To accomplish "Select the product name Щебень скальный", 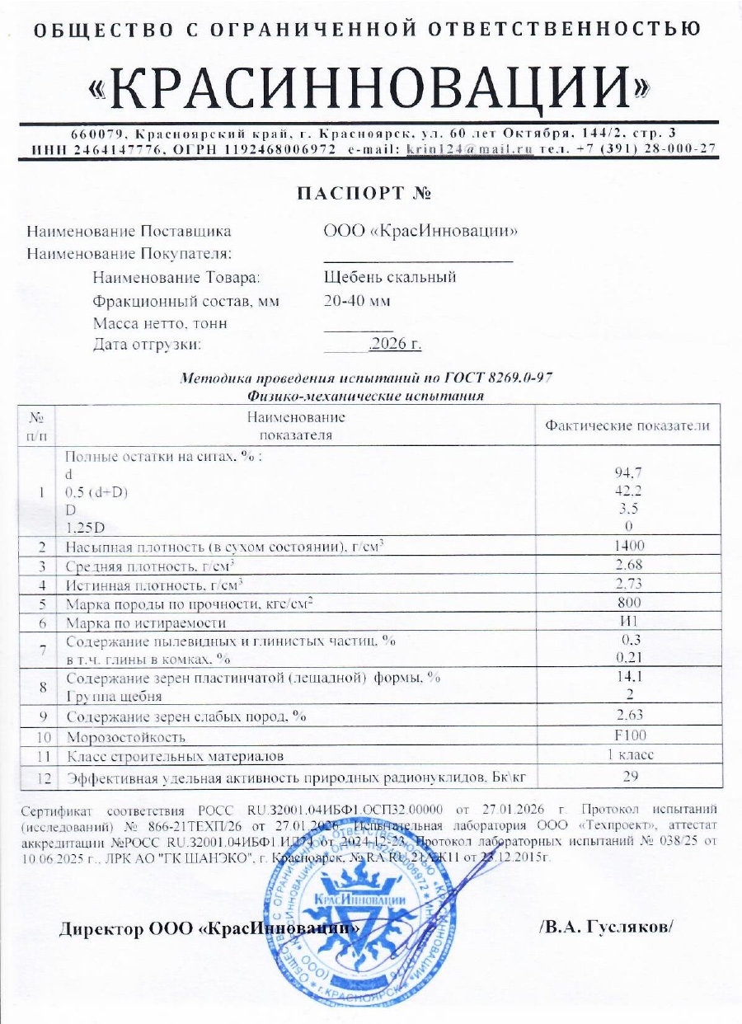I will tap(390, 277).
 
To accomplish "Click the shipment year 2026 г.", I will tap(397, 345).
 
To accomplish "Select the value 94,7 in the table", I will tap(628, 472).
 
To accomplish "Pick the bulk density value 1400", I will tap(628, 546).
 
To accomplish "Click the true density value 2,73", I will tap(628, 585).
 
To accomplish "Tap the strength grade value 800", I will tap(628, 604).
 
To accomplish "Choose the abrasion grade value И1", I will tap(628, 622).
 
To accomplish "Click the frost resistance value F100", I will tap(628, 735).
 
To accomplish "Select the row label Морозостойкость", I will tap(125, 736).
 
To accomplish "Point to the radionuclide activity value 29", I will tap(628, 776).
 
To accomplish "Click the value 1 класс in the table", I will tap(628, 755).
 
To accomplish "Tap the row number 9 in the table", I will tap(41, 716).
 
